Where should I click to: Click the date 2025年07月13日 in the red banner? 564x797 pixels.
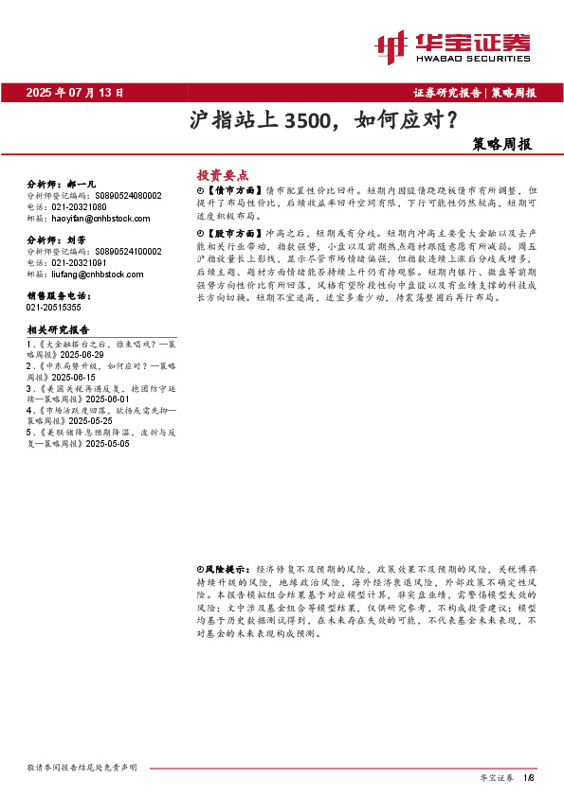tap(75, 93)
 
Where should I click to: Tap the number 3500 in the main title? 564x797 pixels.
tap(306, 121)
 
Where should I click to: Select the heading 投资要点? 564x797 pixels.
tap(221, 175)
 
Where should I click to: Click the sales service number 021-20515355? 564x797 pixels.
tap(54, 308)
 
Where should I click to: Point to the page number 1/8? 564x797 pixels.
tap(529, 777)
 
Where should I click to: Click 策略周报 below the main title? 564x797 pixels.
tap(501, 146)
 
